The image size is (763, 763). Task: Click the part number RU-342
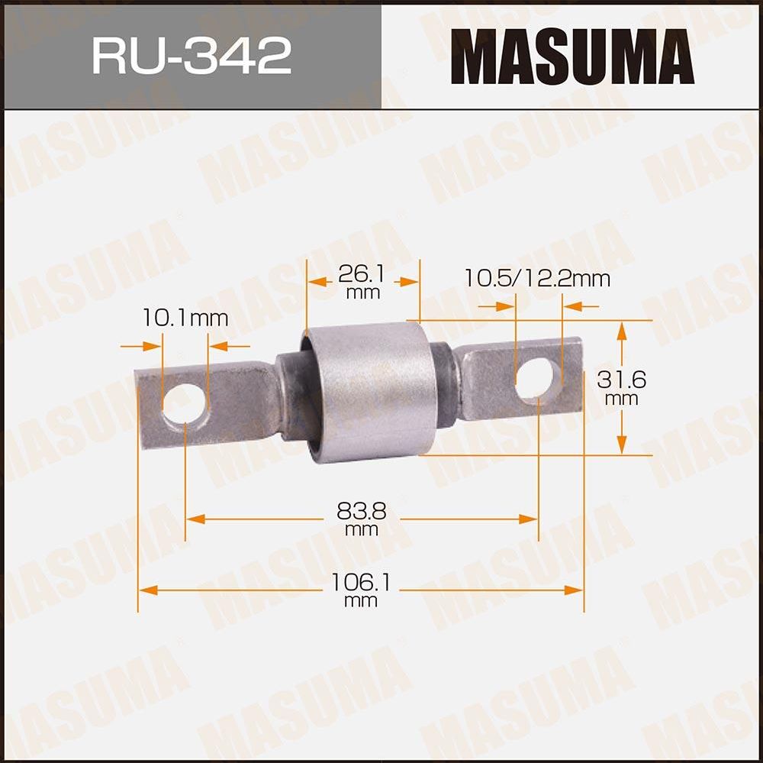point(192,56)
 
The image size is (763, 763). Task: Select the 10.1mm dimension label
point(185,318)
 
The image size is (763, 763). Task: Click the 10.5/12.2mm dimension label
point(537,279)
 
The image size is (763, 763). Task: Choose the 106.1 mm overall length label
point(361,590)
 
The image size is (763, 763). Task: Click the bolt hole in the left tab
point(184,403)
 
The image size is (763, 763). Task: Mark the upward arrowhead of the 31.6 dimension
point(622,329)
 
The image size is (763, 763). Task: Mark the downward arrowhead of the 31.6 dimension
point(622,446)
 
